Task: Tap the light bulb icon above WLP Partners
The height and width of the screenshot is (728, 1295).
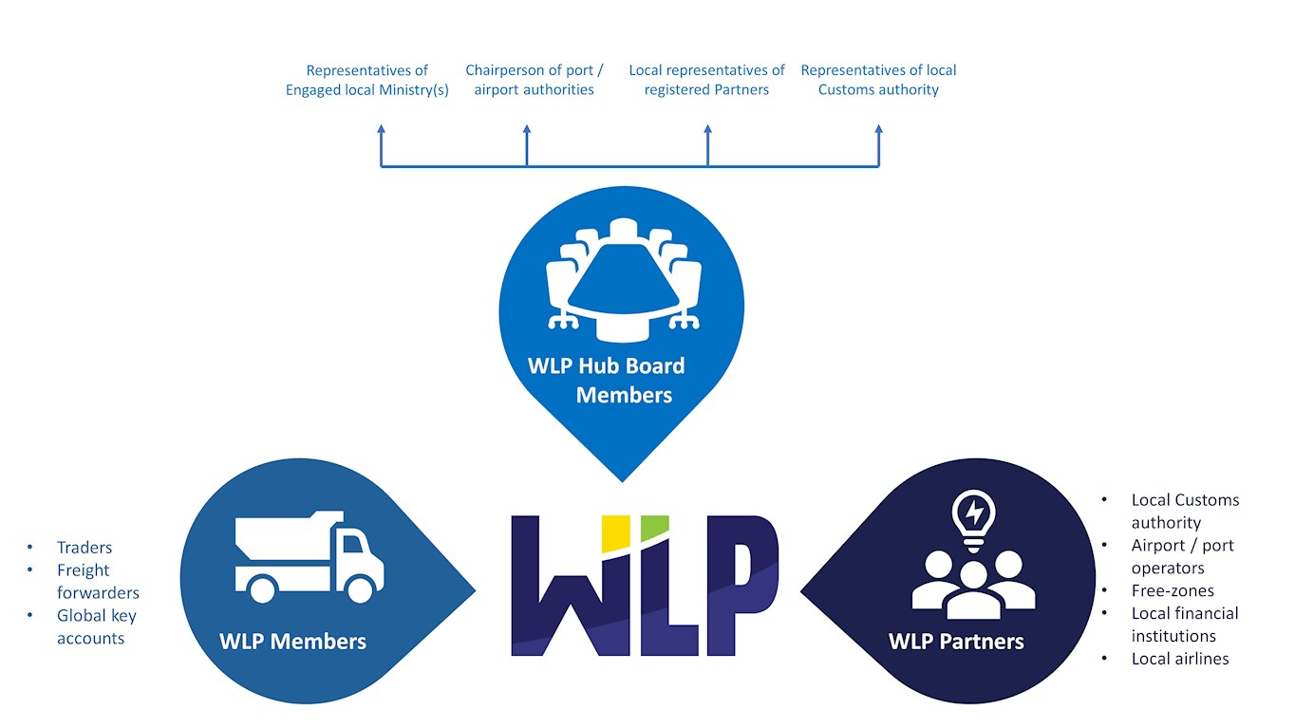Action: (973, 518)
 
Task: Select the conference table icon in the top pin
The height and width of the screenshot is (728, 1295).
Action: (623, 279)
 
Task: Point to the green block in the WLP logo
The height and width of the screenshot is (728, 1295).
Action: (654, 528)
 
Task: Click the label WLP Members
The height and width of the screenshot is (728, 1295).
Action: (292, 642)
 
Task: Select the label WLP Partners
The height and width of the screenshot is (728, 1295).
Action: (956, 642)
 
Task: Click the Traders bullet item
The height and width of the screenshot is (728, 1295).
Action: (84, 548)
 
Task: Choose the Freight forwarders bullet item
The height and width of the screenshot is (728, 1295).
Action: (98, 582)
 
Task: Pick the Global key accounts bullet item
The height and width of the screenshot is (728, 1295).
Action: (96, 627)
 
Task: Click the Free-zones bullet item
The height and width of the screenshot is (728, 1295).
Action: (1173, 590)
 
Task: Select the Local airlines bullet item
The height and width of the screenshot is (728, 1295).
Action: (1180, 659)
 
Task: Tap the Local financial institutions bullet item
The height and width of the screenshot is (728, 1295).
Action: (1184, 625)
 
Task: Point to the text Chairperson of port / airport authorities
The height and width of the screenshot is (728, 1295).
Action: (534, 80)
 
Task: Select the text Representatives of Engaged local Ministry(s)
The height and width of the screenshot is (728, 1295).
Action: (366, 80)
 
